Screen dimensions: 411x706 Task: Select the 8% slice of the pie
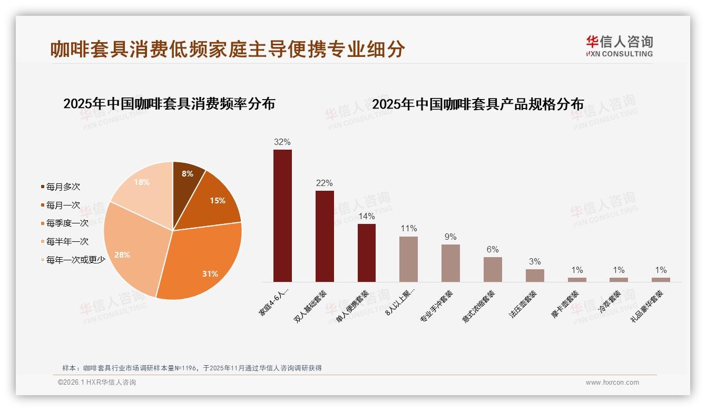pos(187,177)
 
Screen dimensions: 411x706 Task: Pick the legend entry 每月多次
pos(63,187)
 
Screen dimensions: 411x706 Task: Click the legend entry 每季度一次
pos(67,223)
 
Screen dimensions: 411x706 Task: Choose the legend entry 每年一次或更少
pos(75,260)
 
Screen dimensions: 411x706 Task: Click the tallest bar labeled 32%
pos(282,216)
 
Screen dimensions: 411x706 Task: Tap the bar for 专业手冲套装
pos(450,263)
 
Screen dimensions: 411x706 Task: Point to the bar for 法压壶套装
pos(535,276)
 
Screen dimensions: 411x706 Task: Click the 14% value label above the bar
pos(366,217)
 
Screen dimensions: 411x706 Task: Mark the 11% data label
pos(408,229)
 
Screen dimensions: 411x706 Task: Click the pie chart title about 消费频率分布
pos(169,104)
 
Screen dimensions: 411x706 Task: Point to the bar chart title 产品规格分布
pos(478,104)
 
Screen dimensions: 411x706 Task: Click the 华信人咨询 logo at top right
pos(619,46)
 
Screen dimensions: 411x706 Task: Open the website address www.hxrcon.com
pos(612,383)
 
